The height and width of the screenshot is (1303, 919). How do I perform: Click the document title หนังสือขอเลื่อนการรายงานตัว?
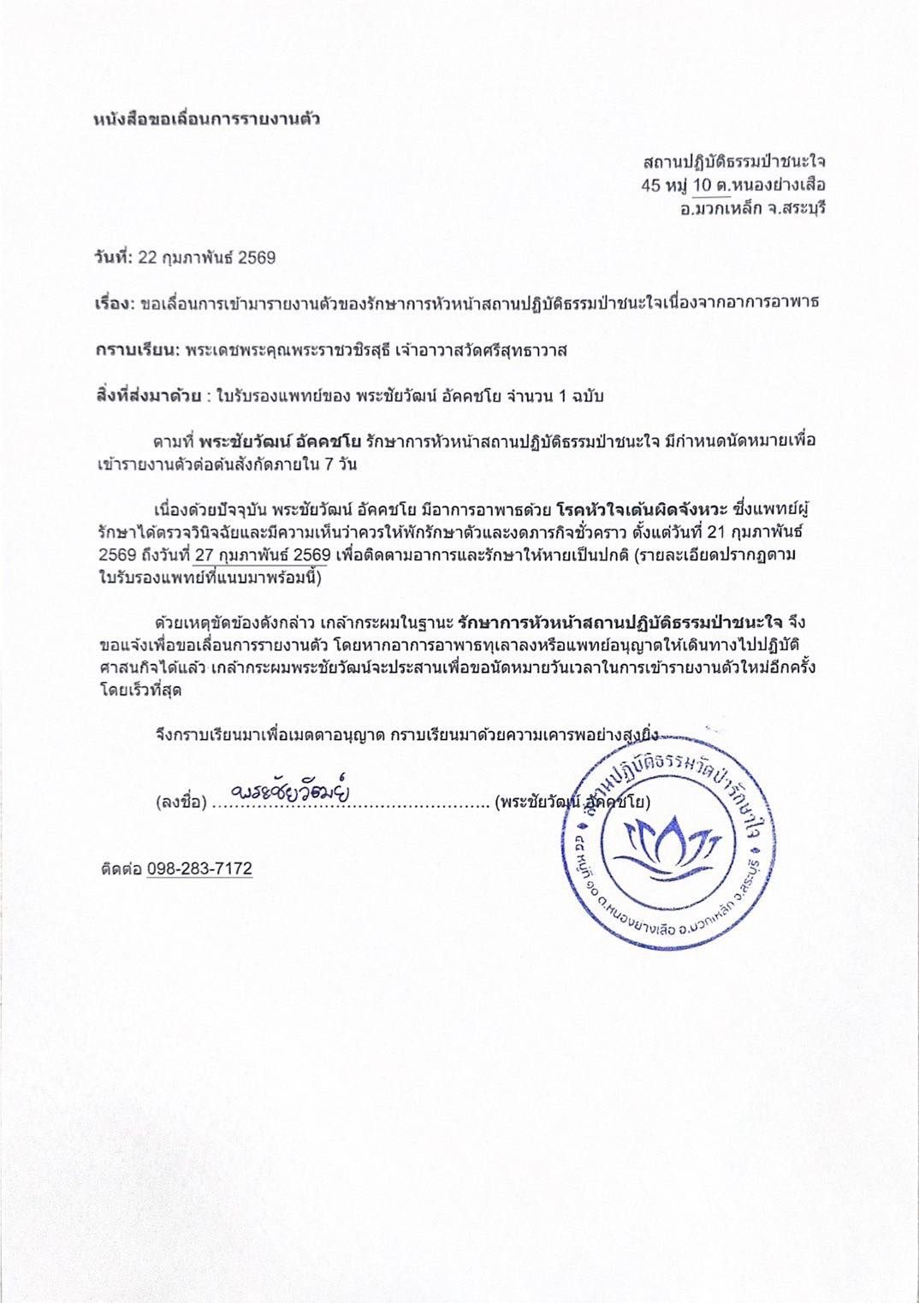205,118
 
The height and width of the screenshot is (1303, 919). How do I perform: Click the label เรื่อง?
113,304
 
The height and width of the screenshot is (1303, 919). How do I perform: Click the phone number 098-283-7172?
199,868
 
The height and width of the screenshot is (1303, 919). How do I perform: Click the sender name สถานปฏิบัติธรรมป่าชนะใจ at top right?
734,161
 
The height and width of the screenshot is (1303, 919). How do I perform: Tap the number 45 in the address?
652,184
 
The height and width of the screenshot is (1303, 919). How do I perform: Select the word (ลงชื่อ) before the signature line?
181,803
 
